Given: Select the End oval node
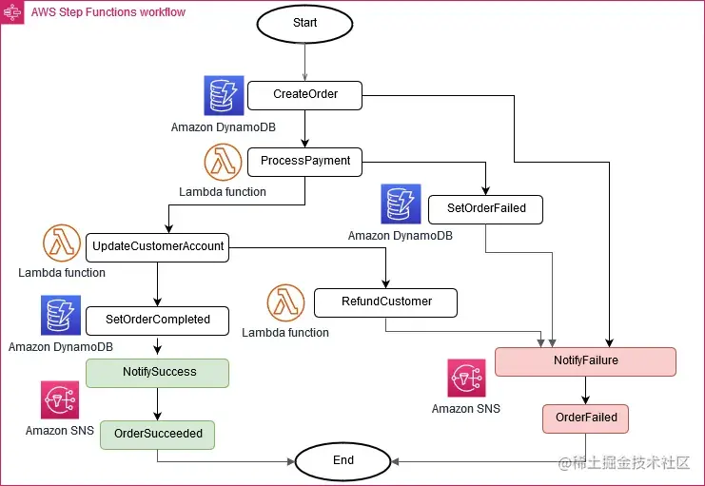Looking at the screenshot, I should pyautogui.click(x=343, y=460).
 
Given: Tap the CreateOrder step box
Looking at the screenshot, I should pyautogui.click(x=304, y=95).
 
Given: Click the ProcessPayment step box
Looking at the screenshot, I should pyautogui.click(x=304, y=162).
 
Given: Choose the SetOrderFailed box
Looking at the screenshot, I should pyautogui.click(x=485, y=209).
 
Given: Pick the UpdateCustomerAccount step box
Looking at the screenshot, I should pyautogui.click(x=158, y=247).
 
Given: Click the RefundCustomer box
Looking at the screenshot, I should pyautogui.click(x=385, y=302).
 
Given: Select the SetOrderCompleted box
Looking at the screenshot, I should pyautogui.click(x=158, y=321).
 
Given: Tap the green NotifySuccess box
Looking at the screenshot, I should pyautogui.click(x=158, y=372).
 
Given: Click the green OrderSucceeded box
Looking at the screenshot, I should pyautogui.click(x=158, y=434).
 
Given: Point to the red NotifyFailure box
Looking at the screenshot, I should pyautogui.click(x=585, y=362).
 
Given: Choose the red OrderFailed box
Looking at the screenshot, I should pyautogui.click(x=585, y=418).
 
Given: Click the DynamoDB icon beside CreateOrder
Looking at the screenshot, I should pyautogui.click(x=224, y=96).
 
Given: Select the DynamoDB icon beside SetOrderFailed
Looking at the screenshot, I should pyautogui.click(x=401, y=204).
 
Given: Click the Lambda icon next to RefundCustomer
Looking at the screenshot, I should pyautogui.click(x=285, y=304).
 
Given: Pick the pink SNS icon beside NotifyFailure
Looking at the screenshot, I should pyautogui.click(x=466, y=379).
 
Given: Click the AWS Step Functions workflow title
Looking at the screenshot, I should pyautogui.click(x=108, y=12).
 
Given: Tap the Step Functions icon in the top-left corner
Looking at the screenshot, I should pyautogui.click(x=12, y=12).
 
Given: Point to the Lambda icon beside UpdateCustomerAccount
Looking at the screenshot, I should pyautogui.click(x=62, y=245).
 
